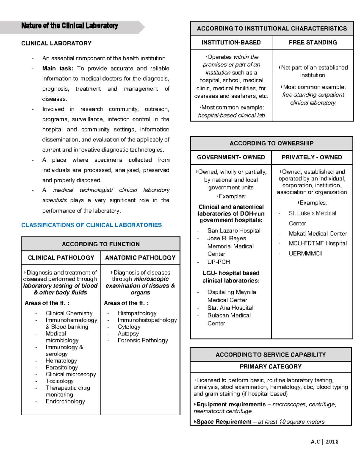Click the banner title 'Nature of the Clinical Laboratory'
[70, 26]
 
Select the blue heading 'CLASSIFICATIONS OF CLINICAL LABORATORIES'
[91, 225]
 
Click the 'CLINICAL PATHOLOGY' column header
[61, 258]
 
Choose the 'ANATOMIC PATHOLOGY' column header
[140, 258]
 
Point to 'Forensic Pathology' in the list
[142, 341]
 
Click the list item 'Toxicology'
[59, 381]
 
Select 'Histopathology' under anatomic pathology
[137, 313]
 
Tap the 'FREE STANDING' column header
[313, 43]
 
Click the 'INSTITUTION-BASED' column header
[231, 43]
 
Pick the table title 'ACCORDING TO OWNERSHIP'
[271, 143]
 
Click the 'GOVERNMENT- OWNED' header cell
[231, 158]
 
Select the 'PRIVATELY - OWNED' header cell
[312, 158]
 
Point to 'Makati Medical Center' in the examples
[317, 233]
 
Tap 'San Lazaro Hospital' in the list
[234, 231]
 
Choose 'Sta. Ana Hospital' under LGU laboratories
[230, 308]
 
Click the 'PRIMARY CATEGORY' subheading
[271, 367]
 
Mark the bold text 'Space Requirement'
[224, 422]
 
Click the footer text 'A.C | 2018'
[324, 442]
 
